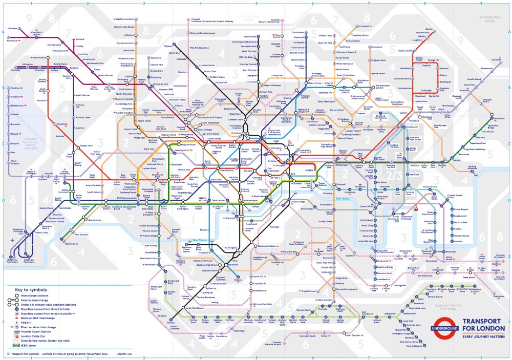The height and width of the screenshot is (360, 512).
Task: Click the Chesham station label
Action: pos(13,28)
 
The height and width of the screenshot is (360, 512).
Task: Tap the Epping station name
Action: pos(429,29)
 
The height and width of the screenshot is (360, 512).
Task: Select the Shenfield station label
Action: pos(496,60)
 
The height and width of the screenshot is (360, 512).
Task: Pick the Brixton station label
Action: pos(238,280)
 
